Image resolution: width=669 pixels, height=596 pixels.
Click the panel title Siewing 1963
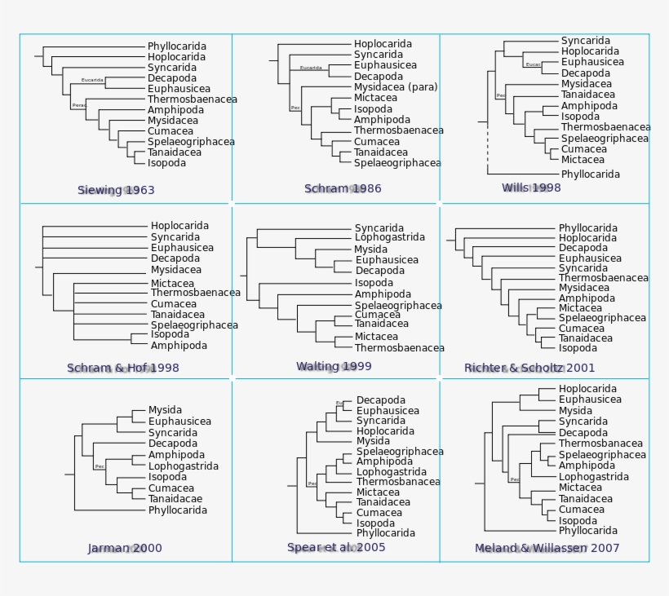[116, 191]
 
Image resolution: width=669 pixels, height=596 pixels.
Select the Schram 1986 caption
[343, 189]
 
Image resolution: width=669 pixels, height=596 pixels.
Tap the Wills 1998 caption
[531, 188]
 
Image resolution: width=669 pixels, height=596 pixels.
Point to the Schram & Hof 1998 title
[123, 369]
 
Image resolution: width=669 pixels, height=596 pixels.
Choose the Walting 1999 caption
[334, 367]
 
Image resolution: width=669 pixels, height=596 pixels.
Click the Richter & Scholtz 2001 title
[529, 369]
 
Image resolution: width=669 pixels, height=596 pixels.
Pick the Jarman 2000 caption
[125, 549]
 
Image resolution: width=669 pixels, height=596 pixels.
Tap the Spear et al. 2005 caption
[336, 548]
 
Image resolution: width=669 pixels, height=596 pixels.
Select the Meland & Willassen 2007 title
[547, 549]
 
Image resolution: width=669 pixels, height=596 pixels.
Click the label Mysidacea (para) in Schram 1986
[396, 87]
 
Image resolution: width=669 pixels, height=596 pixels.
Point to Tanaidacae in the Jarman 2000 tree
[175, 499]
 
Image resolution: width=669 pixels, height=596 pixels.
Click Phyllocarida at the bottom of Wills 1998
[590, 174]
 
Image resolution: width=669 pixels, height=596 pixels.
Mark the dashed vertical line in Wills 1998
[488, 147]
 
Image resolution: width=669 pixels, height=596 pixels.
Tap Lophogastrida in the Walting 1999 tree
[389, 238]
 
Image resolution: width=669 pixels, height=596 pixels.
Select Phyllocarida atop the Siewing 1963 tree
[177, 46]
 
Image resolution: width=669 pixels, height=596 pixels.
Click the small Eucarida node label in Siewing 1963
[92, 81]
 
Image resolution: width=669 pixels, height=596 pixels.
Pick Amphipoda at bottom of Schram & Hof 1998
[179, 346]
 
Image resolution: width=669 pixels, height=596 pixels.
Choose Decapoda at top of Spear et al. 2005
[380, 400]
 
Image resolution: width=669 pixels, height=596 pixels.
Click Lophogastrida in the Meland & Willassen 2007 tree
[593, 477]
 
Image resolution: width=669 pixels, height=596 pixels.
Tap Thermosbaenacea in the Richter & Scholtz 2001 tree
[603, 278]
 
